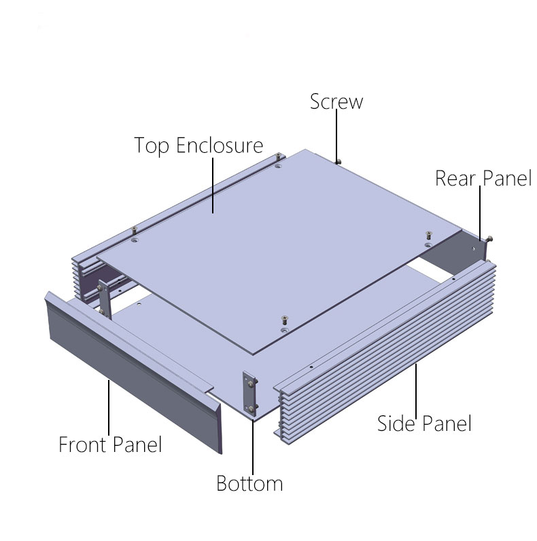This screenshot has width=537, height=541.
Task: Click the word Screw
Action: tap(336, 102)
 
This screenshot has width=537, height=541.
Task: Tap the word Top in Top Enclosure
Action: tap(151, 145)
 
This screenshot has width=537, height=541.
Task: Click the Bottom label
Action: tap(249, 484)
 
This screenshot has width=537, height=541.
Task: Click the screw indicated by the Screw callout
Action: tap(338, 160)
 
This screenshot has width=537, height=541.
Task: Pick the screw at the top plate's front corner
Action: tap(283, 319)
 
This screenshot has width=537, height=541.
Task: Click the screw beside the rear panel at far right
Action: tap(490, 239)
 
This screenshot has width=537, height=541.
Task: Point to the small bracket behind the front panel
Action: tap(104, 296)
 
